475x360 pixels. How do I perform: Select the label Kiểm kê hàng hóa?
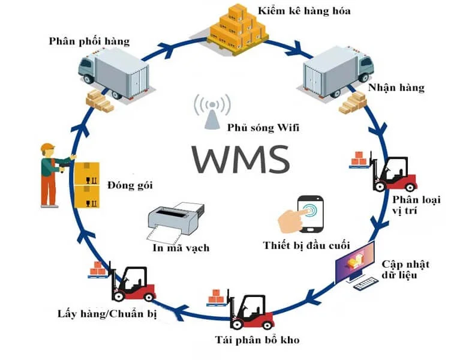pyautogui.click(x=304, y=11)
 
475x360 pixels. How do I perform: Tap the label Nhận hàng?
pyautogui.click(x=396, y=88)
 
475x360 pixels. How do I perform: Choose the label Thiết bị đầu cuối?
pyautogui.click(x=306, y=245)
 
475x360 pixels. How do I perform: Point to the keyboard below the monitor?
pyautogui.click(x=367, y=283)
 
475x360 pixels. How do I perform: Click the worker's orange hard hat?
pyautogui.click(x=47, y=148)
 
